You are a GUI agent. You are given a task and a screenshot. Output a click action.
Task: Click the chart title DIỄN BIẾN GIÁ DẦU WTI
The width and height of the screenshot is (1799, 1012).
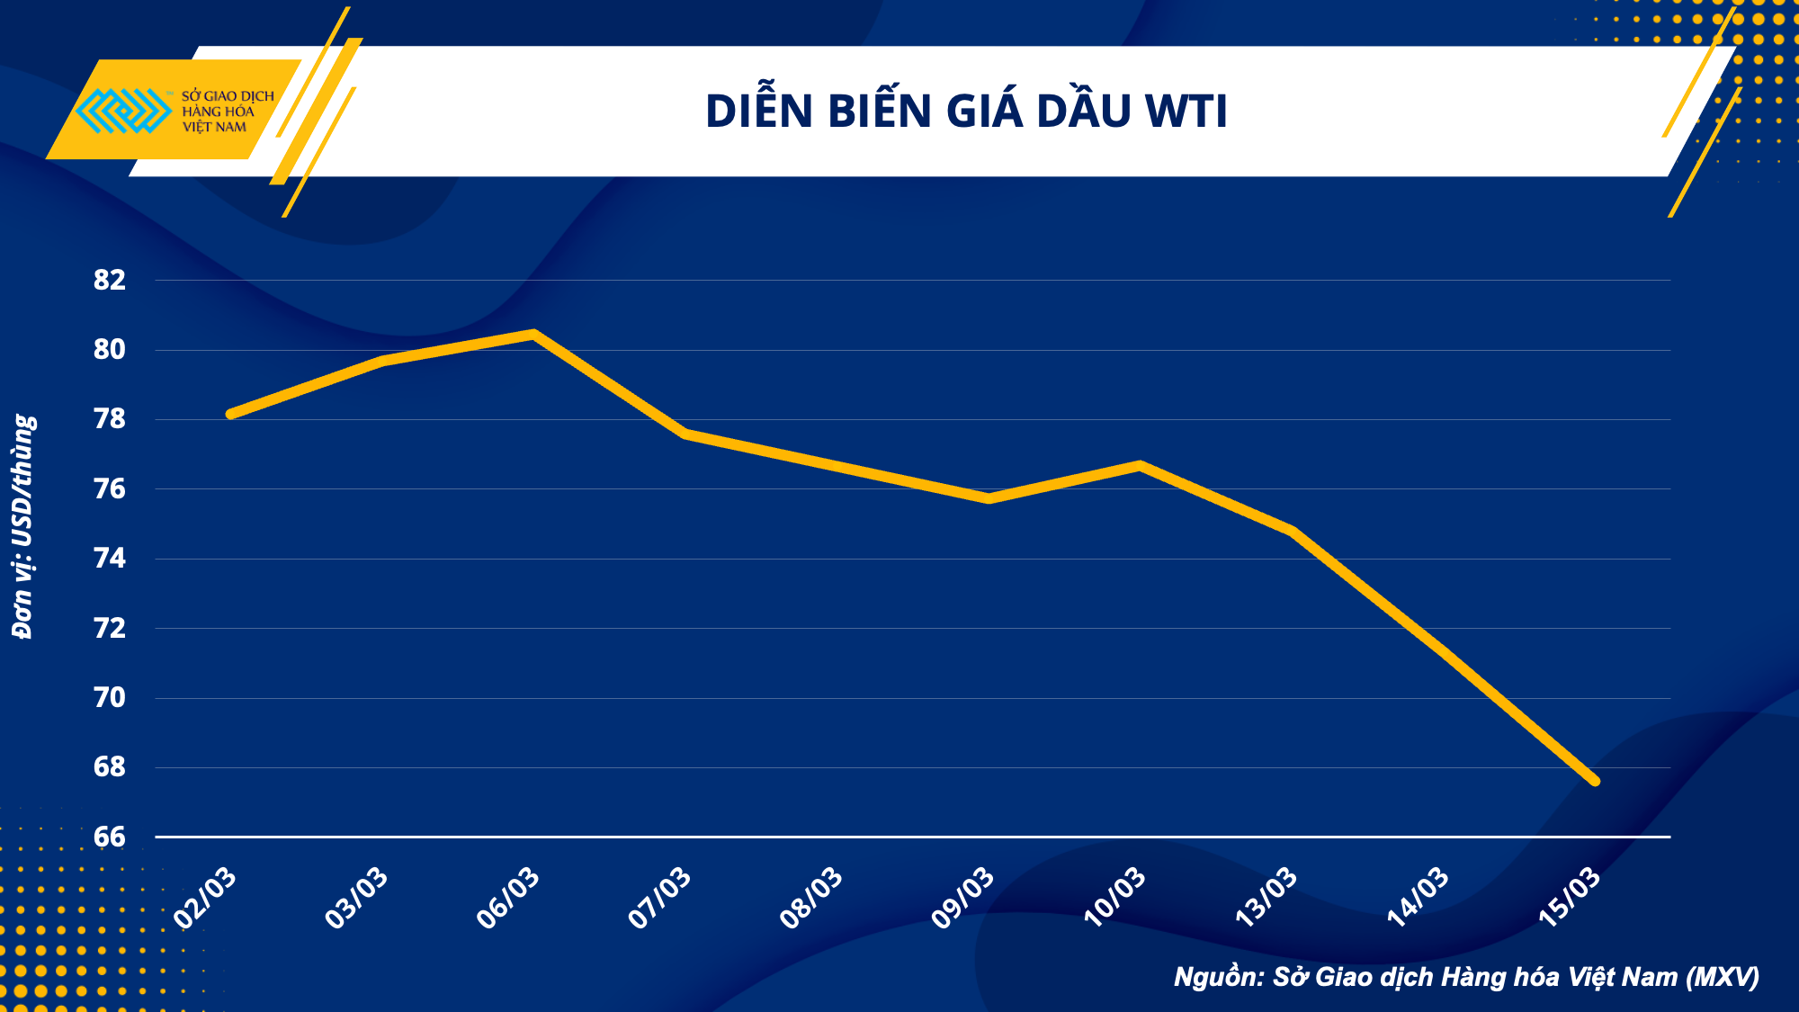[966, 112]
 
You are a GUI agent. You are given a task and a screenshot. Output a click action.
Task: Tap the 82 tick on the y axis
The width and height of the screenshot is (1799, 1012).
[110, 281]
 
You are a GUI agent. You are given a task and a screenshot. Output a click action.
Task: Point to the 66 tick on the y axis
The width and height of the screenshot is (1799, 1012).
[110, 837]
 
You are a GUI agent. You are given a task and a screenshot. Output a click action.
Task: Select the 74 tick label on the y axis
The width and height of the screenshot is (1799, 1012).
[110, 559]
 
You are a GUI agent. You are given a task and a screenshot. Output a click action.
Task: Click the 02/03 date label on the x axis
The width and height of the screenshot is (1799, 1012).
[206, 898]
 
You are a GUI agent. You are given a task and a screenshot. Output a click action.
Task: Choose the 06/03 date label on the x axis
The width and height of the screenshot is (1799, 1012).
[509, 898]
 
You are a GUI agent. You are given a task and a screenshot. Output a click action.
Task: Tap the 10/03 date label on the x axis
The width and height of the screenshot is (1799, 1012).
[1115, 898]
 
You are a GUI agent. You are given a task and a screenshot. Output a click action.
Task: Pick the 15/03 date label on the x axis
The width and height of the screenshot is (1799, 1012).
[1571, 898]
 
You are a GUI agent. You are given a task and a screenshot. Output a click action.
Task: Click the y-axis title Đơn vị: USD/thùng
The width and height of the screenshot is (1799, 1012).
[23, 526]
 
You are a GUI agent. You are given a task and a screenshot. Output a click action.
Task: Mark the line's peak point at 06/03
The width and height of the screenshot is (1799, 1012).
[533, 334]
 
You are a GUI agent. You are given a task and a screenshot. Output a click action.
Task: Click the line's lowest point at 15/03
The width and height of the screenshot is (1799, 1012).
[1595, 781]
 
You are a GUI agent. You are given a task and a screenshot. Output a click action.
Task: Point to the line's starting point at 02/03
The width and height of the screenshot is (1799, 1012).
[231, 414]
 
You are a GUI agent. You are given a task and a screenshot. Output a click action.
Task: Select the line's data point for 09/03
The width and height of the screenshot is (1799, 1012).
[989, 498]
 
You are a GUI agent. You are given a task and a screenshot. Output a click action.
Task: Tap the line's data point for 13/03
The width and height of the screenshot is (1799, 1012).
[1292, 531]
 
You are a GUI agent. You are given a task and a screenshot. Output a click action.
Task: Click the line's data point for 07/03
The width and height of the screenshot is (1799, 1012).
[685, 434]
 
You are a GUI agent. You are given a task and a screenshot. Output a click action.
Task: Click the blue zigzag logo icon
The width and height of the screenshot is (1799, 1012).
[123, 111]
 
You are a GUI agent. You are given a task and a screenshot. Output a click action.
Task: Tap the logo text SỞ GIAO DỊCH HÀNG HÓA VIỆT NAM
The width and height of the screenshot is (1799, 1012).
[227, 112]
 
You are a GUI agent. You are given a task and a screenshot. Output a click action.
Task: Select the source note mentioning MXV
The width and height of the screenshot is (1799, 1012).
[1466, 977]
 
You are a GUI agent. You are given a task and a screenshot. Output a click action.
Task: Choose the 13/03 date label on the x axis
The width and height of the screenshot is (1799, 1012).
[1267, 898]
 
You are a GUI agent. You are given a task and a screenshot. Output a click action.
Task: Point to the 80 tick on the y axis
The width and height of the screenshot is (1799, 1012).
[110, 350]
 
